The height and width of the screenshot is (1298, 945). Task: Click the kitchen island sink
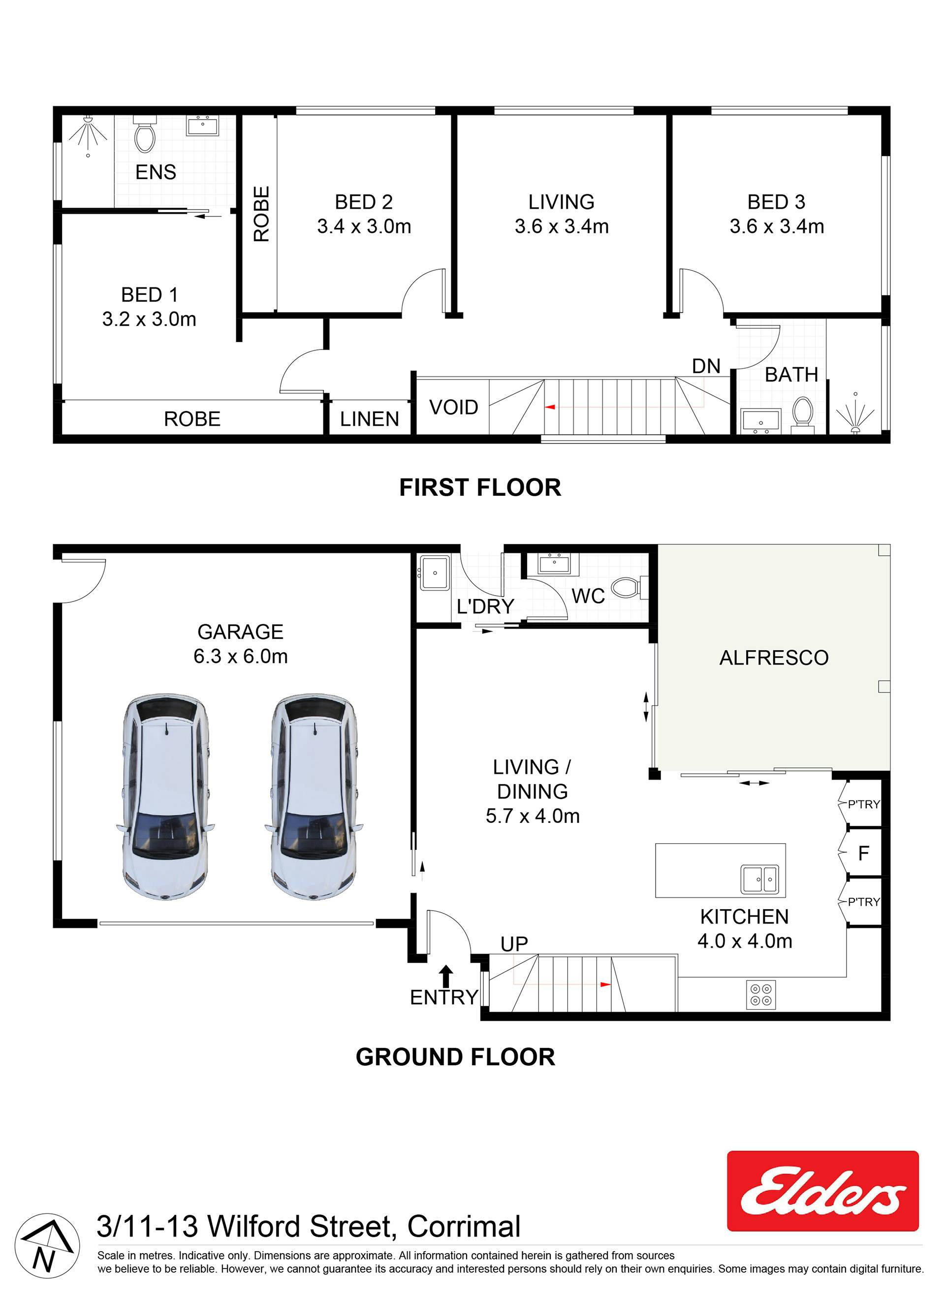(x=759, y=879)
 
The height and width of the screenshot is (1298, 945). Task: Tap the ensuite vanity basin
(x=203, y=125)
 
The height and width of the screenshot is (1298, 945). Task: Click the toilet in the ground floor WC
(x=629, y=587)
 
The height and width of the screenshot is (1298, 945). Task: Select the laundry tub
(x=435, y=572)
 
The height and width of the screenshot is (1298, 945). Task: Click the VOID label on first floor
(x=453, y=408)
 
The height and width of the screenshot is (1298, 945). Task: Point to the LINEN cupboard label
(x=369, y=419)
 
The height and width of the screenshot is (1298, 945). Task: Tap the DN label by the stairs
(x=706, y=366)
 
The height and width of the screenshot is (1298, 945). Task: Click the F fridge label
(x=864, y=854)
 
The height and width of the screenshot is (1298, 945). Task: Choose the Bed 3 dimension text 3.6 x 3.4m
(x=777, y=226)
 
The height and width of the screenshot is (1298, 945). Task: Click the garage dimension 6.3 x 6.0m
(x=240, y=656)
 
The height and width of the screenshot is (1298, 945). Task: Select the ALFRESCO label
(x=774, y=658)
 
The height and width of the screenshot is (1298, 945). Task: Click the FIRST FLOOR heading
(x=480, y=488)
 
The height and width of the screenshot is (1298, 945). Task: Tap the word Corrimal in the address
(x=464, y=1227)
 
